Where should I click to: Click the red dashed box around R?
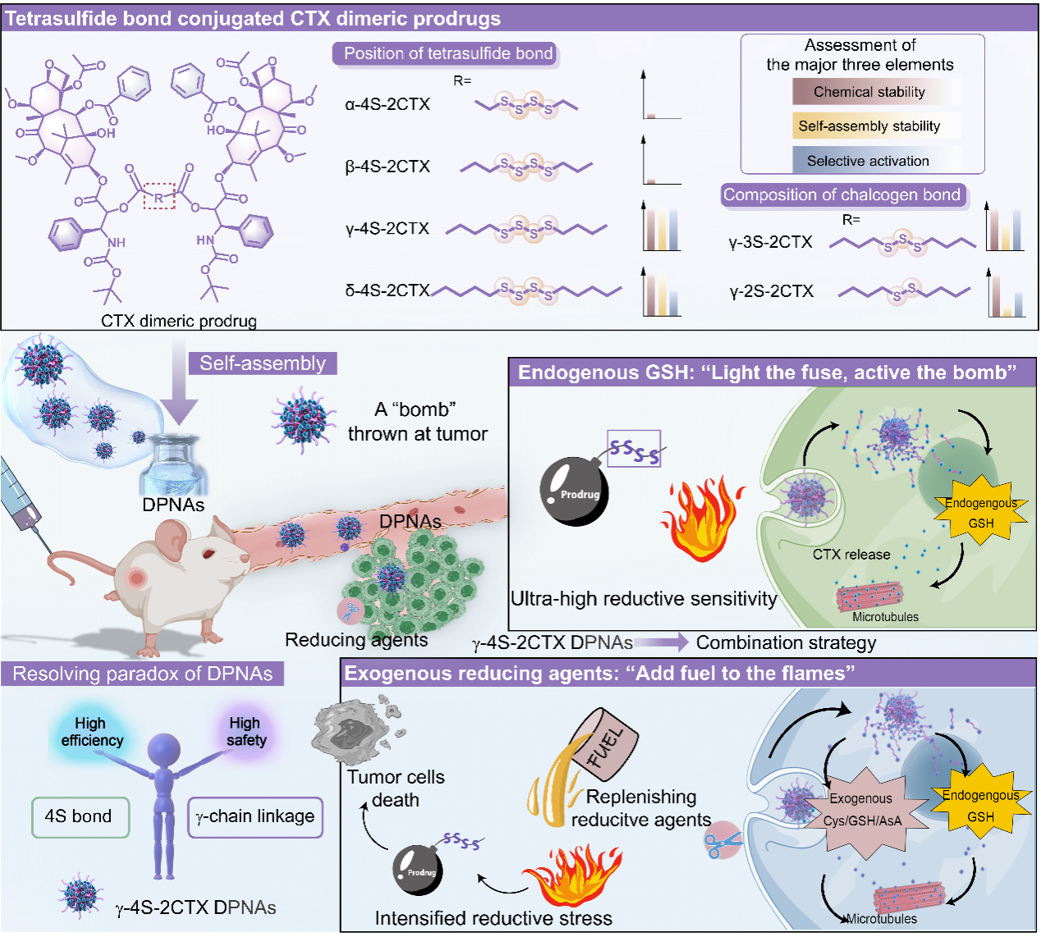[159, 196]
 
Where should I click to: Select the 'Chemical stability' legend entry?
[869, 92]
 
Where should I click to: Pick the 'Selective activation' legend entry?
[868, 161]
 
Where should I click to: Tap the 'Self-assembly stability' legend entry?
[869, 126]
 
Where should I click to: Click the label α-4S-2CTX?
[388, 104]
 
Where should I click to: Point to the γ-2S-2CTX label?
[771, 291]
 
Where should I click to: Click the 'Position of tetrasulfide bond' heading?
[447, 54]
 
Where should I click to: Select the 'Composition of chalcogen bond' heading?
[842, 195]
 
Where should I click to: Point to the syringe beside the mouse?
[25, 505]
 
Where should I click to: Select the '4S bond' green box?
[80, 817]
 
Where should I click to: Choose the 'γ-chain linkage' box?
[255, 817]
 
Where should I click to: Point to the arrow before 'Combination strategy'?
[661, 642]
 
